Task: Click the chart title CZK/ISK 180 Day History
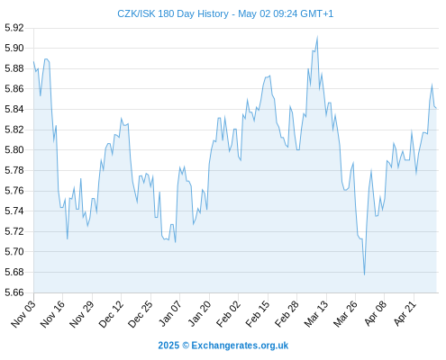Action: click(x=173, y=13)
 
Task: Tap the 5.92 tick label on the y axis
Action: click(x=14, y=28)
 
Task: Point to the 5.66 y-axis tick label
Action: click(x=14, y=292)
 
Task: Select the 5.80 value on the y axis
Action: click(x=14, y=149)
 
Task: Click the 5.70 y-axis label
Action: click(x=14, y=251)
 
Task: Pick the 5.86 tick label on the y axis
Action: click(x=14, y=89)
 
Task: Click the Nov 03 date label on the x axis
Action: click(x=23, y=313)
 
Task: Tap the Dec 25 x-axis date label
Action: click(x=141, y=313)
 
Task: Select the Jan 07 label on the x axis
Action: click(x=170, y=313)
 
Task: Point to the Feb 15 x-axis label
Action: click(x=258, y=313)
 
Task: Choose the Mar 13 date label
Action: click(x=316, y=313)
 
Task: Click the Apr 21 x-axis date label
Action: click(x=405, y=313)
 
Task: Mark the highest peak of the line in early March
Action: click(x=317, y=37)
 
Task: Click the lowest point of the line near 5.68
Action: click(x=364, y=274)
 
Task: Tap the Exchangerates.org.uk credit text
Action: click(x=240, y=346)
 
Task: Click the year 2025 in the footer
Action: click(x=168, y=346)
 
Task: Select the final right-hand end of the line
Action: click(x=436, y=108)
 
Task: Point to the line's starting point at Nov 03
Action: click(x=33, y=62)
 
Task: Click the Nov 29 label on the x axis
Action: click(x=82, y=313)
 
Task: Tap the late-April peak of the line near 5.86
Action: click(x=432, y=85)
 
